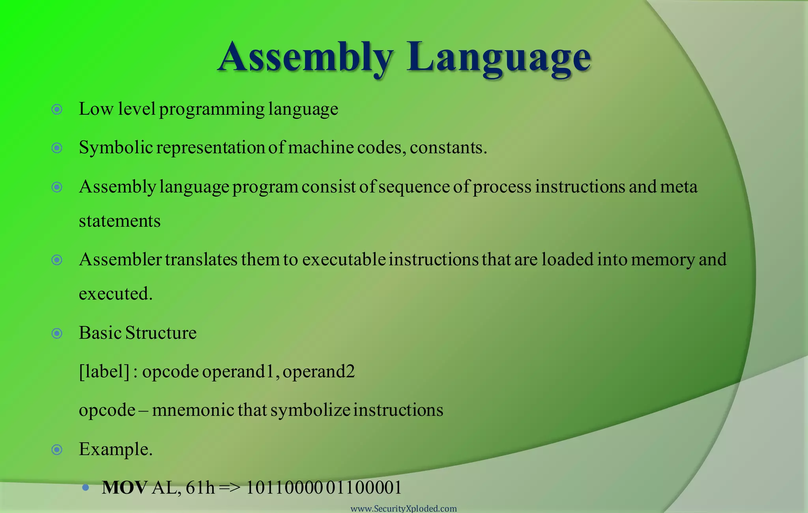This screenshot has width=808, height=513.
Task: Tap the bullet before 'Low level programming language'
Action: (x=57, y=109)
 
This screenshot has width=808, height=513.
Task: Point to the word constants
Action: (x=448, y=148)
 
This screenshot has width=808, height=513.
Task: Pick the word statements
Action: (x=120, y=221)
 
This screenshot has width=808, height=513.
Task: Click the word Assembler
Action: (x=120, y=260)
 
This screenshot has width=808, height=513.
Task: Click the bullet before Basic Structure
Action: (x=57, y=334)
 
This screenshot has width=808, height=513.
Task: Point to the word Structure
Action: (x=161, y=333)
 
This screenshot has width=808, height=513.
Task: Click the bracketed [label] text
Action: (x=104, y=371)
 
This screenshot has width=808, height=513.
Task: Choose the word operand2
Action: (x=319, y=371)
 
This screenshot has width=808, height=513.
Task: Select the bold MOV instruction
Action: (x=125, y=488)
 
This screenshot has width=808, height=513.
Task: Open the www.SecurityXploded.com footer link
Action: (x=404, y=509)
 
